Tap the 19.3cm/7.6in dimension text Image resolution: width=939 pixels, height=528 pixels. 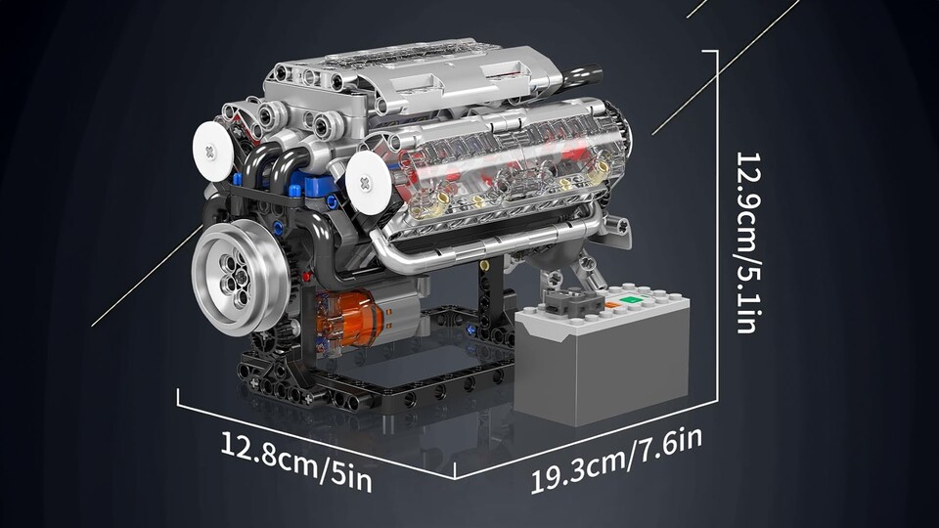tap(617, 460)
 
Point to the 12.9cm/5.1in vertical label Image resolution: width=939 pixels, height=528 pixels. tap(748, 242)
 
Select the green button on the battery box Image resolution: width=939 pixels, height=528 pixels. tap(629, 299)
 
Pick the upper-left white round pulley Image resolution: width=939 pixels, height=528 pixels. tap(212, 152)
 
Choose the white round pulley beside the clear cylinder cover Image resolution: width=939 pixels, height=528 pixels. tap(368, 183)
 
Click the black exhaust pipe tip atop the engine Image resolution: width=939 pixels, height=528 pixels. tap(582, 74)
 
